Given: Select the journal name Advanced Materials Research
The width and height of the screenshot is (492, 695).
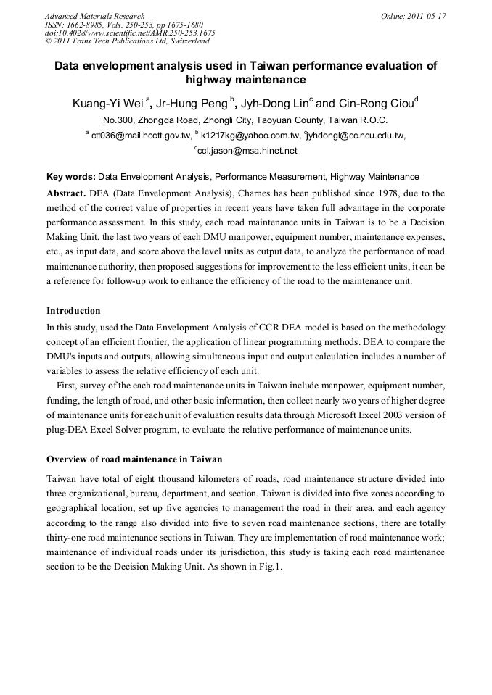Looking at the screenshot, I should (94, 16).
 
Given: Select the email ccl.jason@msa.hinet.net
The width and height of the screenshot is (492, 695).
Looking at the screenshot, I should (247, 151).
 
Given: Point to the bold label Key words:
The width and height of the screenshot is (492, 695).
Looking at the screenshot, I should (70, 176).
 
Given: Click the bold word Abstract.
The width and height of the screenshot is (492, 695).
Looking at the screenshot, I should (65, 193).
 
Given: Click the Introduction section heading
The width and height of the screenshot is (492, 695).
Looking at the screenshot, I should (73, 311).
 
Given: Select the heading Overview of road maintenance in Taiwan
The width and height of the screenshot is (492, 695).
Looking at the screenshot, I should (134, 459).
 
